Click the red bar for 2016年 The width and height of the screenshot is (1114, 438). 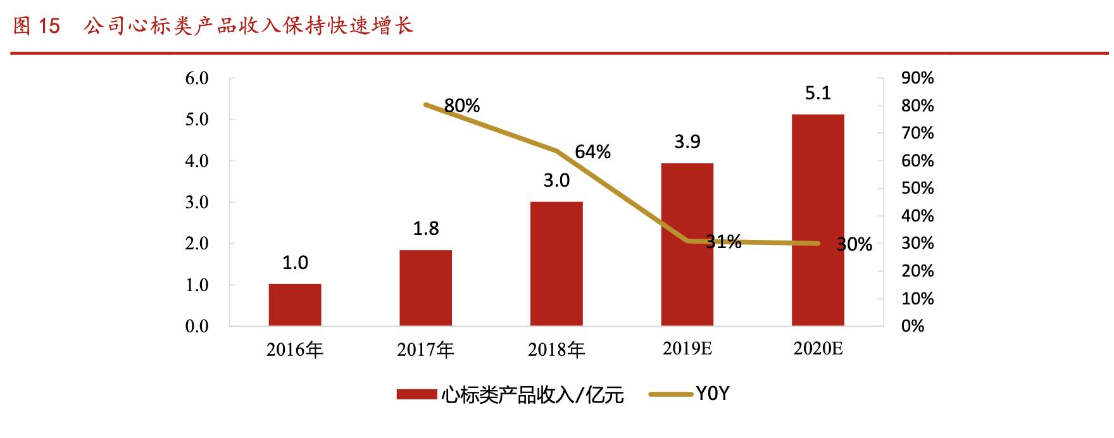coord(294,305)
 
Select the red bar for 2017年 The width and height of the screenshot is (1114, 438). coord(425,288)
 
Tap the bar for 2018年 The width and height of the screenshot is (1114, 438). coord(556,264)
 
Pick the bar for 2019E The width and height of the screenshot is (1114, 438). coord(687,245)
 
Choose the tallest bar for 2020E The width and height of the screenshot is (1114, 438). coord(818,220)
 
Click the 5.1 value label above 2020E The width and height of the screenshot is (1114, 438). coord(818,94)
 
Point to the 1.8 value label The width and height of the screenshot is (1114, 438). coord(425,228)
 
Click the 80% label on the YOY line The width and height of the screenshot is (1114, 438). coord(461,106)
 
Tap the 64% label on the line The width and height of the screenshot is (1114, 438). coord(592,152)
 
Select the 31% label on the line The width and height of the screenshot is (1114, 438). coord(723,241)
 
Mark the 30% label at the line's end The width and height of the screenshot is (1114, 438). coord(854,244)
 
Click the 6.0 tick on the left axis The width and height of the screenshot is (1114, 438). coord(196,78)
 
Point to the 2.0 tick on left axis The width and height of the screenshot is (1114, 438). coord(196,244)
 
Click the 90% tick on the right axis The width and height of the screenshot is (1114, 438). coord(917,78)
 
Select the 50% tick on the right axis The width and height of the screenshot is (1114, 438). coord(917,188)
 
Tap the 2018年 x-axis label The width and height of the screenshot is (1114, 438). coord(556,349)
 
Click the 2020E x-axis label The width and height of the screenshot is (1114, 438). coord(818,349)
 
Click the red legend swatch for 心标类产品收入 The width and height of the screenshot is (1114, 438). coord(416,394)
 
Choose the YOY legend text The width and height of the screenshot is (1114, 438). coord(713,394)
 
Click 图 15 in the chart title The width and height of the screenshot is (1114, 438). coord(37,26)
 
